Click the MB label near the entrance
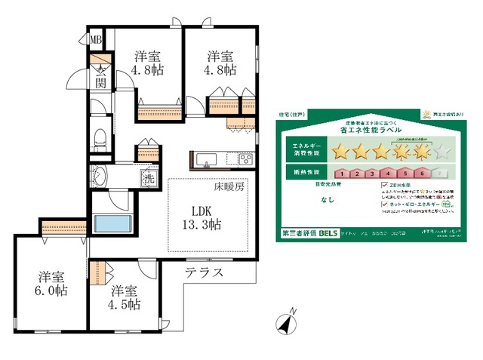(97, 40)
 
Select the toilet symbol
(99, 137)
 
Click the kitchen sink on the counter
(206, 159)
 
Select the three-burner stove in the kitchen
(247, 159)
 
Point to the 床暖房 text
(229, 186)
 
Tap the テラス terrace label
(204, 272)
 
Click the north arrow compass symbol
(288, 322)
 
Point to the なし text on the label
(327, 200)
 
